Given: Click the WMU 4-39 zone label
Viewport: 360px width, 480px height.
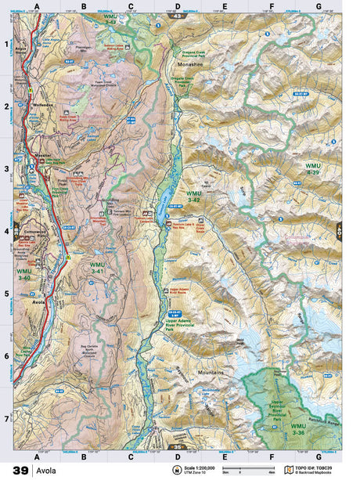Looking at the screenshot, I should (x=313, y=170).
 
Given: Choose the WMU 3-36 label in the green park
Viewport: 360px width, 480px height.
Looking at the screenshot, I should (x=298, y=430).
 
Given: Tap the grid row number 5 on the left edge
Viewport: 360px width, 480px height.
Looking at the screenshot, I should (x=7, y=294).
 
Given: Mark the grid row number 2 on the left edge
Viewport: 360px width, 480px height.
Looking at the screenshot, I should (x=7, y=106).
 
